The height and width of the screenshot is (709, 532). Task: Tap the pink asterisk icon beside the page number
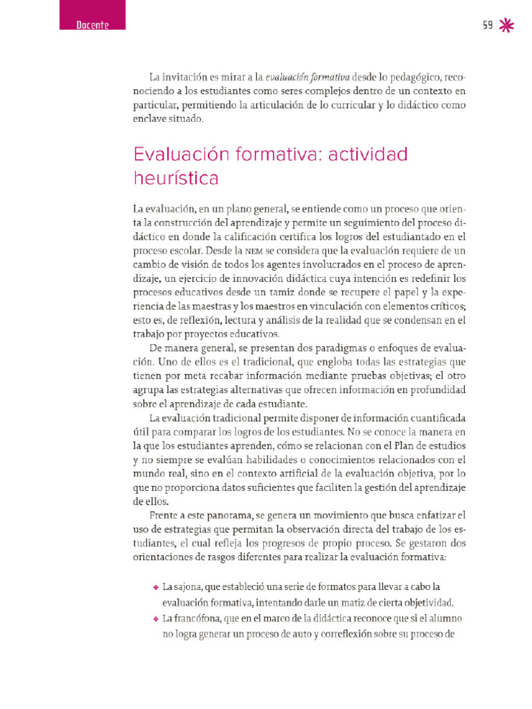tap(507, 25)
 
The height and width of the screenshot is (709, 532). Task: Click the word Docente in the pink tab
tap(93, 26)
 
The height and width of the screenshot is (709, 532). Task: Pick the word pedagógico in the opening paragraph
tap(407, 76)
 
